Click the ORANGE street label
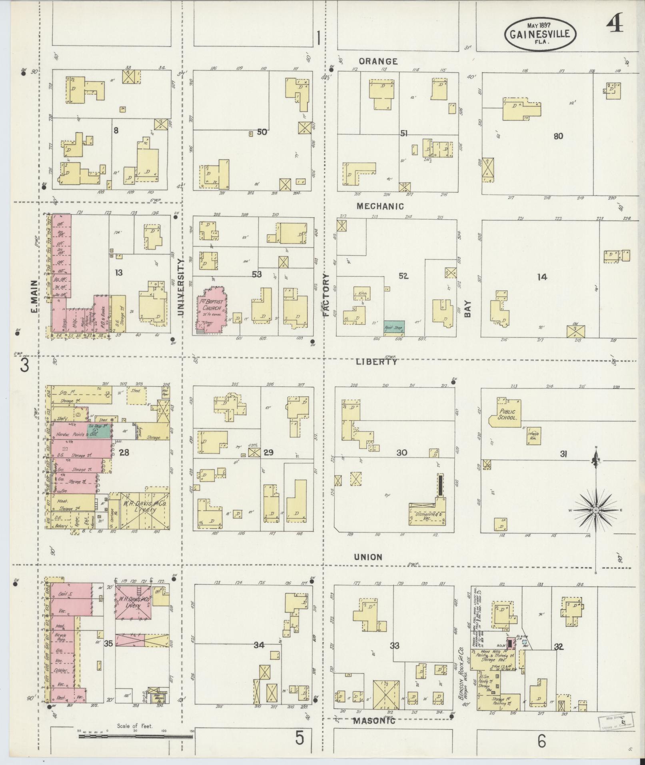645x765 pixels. pos(378,62)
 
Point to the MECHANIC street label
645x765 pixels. pos(380,206)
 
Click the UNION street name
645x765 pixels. pos(368,557)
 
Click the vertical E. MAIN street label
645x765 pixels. pos(34,296)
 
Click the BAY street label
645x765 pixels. pos(467,309)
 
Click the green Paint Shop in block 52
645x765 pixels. pos(394,327)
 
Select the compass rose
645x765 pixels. pos(595,511)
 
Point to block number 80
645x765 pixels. pos(558,136)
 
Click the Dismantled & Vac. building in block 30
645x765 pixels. pos(427,515)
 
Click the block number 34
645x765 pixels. pos(259,645)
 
